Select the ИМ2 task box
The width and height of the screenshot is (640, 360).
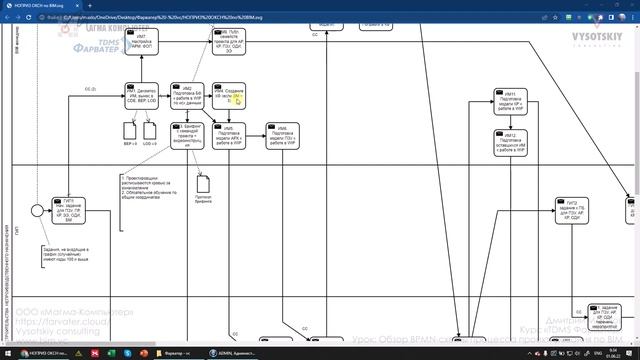[x=187, y=99]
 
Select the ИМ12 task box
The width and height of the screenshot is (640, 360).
[x=510, y=143]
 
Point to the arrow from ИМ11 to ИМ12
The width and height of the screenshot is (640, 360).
[x=510, y=123]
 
